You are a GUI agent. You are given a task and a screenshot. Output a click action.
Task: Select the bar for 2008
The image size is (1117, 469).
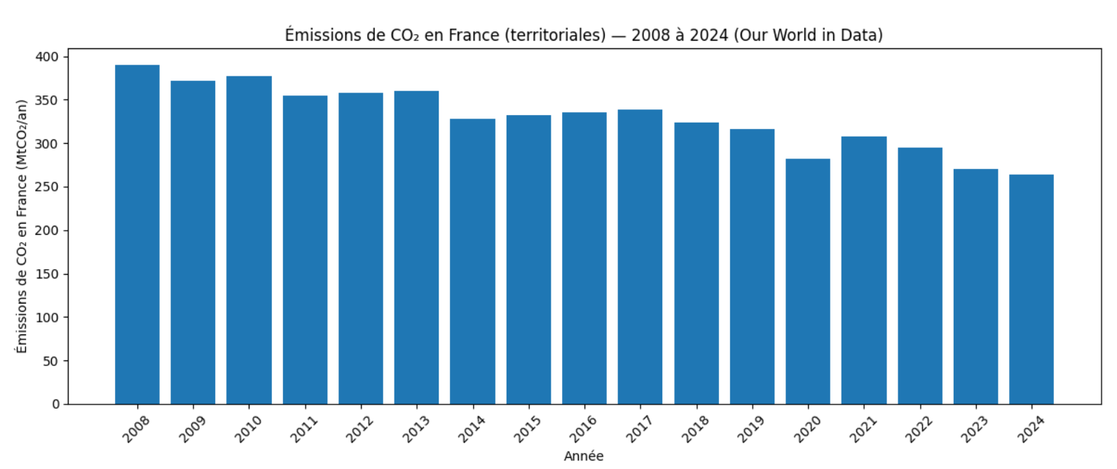137,235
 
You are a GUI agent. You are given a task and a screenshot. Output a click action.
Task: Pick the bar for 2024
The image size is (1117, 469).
1032,290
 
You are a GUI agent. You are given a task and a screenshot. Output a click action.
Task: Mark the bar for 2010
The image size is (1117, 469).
249,240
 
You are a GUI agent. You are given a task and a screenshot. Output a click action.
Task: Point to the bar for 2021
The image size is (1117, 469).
864,271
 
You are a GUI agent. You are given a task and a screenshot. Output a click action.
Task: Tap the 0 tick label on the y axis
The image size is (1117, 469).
56,405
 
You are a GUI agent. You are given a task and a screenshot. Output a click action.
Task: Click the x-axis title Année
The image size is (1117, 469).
584,456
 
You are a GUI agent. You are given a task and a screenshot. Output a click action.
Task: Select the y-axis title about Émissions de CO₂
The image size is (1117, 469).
22,226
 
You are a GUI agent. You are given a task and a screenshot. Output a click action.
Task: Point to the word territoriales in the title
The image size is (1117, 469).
561,35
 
